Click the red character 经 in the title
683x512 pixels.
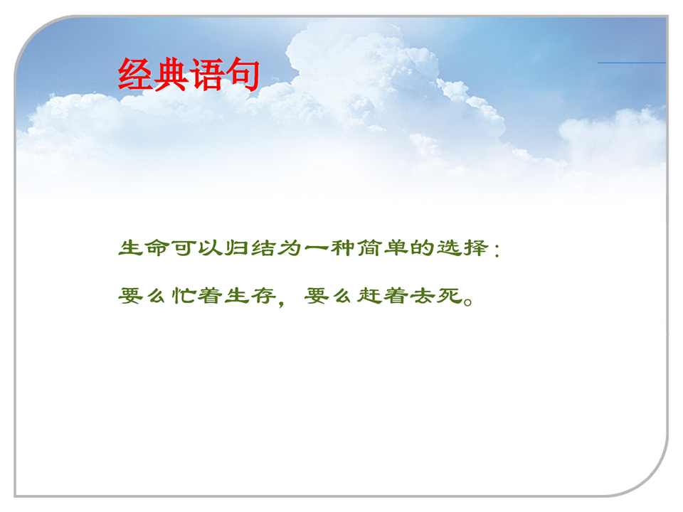point(135,75)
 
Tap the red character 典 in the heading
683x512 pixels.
point(171,75)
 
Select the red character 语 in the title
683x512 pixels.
point(207,75)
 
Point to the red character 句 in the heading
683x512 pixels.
point(243,75)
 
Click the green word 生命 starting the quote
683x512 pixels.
point(144,248)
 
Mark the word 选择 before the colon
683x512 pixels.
point(462,248)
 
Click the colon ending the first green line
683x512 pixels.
point(497,250)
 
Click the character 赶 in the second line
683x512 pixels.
point(369,296)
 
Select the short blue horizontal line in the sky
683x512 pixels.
point(632,63)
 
